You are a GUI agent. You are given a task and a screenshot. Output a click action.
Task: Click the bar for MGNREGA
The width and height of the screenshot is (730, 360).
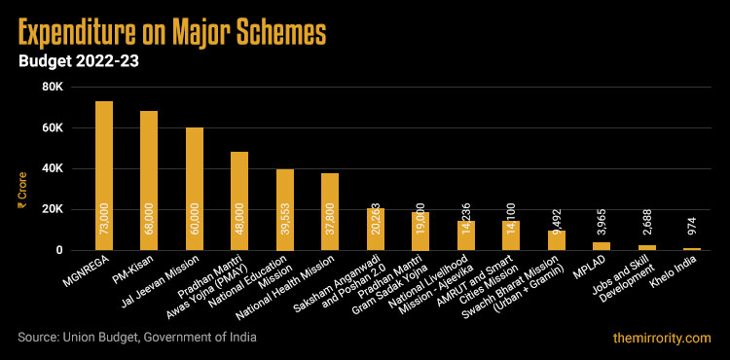[104, 175]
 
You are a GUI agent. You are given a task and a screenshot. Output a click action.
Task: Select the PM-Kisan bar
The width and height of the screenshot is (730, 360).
[149, 180]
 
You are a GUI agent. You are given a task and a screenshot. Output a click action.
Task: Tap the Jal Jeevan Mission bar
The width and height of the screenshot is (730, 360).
[195, 189]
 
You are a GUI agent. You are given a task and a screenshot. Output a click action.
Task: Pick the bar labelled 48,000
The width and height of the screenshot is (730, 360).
[239, 200]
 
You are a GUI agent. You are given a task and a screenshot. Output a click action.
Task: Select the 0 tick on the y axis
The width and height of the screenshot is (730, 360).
[59, 250]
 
